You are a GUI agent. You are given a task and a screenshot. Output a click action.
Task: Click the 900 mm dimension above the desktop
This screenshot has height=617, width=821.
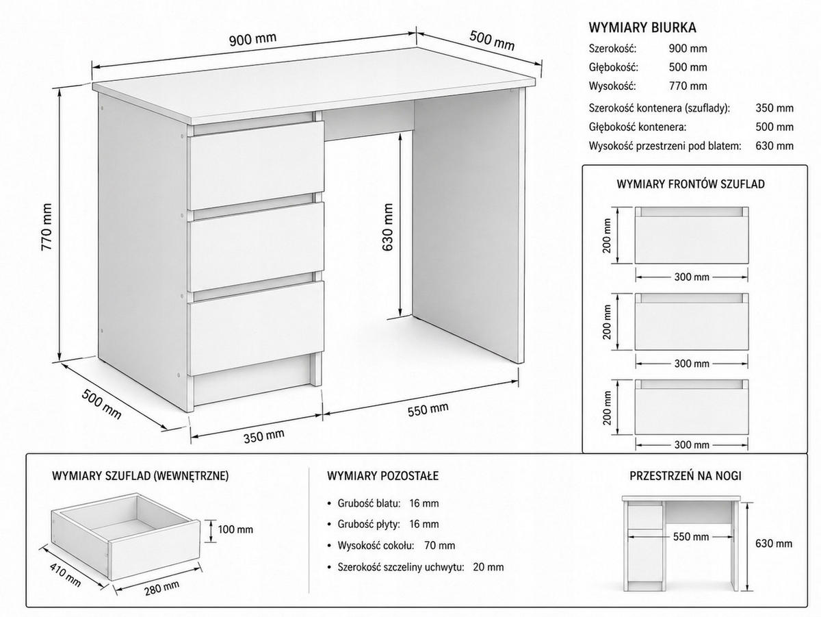coord(252,39)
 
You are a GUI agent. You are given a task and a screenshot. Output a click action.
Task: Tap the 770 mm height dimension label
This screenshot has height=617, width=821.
coord(47,227)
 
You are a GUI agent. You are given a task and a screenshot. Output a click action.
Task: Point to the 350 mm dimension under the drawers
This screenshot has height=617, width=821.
coord(263,436)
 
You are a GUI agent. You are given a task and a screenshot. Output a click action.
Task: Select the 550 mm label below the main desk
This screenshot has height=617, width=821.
coord(428,410)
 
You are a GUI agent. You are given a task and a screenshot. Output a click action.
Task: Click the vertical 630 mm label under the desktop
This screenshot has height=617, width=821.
coord(387,227)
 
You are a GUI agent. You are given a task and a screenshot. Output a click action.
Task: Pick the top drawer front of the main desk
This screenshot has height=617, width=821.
coord(256,166)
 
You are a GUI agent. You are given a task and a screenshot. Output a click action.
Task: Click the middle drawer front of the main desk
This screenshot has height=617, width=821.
coord(256,247)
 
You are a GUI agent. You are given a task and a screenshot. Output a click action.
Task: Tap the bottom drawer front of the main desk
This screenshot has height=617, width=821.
coord(256,328)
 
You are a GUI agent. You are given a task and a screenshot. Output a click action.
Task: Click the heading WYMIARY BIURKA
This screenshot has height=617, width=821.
coord(642,27)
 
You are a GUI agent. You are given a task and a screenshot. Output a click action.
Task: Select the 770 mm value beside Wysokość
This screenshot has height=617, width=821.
coord(688,86)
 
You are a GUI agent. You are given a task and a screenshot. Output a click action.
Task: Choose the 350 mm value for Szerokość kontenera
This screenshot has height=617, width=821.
coord(774,108)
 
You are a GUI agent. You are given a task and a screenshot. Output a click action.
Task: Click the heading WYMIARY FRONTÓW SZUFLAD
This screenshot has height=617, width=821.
coord(690,184)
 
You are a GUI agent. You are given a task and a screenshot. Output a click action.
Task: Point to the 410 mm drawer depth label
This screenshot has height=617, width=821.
coord(65,575)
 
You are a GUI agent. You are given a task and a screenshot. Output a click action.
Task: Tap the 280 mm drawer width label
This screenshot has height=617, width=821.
coord(161,588)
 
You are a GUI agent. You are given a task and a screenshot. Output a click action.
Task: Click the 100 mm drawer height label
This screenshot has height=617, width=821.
coord(235,529)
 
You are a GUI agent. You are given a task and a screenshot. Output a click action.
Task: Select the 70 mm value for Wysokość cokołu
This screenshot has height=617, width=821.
coord(439,546)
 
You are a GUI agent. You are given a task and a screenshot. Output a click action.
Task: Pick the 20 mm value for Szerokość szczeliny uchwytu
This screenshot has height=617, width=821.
coord(488,567)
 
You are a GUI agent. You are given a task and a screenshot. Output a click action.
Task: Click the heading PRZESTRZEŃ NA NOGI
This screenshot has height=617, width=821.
coord(686,476)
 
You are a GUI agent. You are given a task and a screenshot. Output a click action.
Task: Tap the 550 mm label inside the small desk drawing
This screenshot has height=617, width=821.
coord(691,536)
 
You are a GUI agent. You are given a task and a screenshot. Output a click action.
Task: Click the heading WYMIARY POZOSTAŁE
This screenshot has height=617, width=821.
coord(382,476)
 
